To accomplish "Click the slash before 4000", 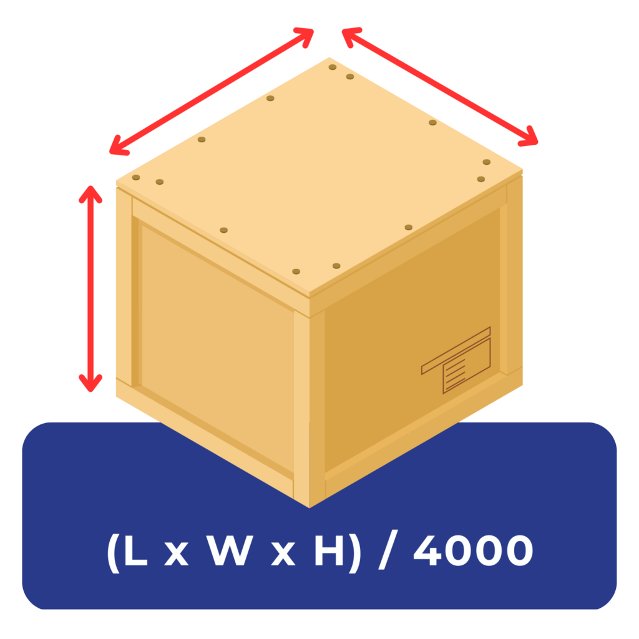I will click(388, 552).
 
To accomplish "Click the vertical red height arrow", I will click(90, 287).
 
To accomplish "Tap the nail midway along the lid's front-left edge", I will click(224, 231).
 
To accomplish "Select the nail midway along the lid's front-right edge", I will click(409, 227).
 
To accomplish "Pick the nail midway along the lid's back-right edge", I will click(432, 122).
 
